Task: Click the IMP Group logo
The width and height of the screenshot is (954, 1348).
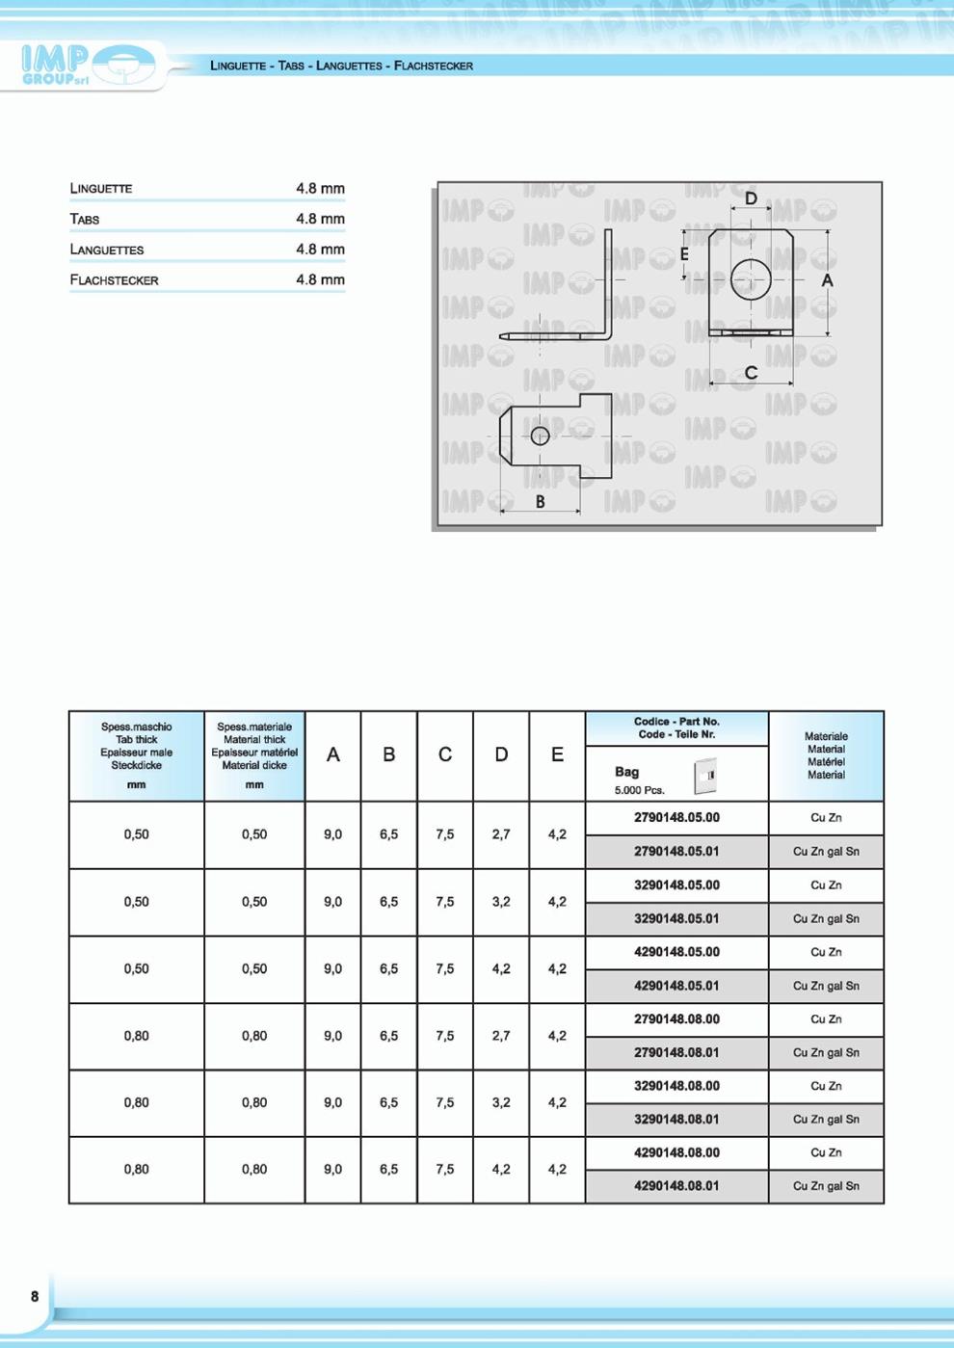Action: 87,66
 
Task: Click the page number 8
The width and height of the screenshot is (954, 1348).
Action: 35,1296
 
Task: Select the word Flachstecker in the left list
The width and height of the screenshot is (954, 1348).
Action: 114,280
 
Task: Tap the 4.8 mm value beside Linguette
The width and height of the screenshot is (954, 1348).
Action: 320,189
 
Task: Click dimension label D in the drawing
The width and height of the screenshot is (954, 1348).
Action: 751,198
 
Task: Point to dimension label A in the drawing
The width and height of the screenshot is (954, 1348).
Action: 827,280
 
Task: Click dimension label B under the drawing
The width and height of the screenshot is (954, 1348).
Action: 540,501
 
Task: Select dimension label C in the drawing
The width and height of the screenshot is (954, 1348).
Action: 751,373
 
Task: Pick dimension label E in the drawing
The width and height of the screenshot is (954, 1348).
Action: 684,254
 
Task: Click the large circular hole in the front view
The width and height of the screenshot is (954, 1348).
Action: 750,279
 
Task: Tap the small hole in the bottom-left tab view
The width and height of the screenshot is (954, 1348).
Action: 540,436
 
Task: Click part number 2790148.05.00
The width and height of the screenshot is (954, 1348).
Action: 676,818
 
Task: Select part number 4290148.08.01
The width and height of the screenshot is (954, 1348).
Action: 676,1186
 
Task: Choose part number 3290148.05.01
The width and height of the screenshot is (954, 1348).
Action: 676,919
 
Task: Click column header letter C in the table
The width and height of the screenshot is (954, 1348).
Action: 445,755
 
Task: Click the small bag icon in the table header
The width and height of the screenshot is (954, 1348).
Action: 705,776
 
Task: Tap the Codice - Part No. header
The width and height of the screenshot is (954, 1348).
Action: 676,727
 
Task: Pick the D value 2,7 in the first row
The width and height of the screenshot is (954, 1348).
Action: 501,834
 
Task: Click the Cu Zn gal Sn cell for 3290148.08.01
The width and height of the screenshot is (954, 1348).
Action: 826,1120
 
